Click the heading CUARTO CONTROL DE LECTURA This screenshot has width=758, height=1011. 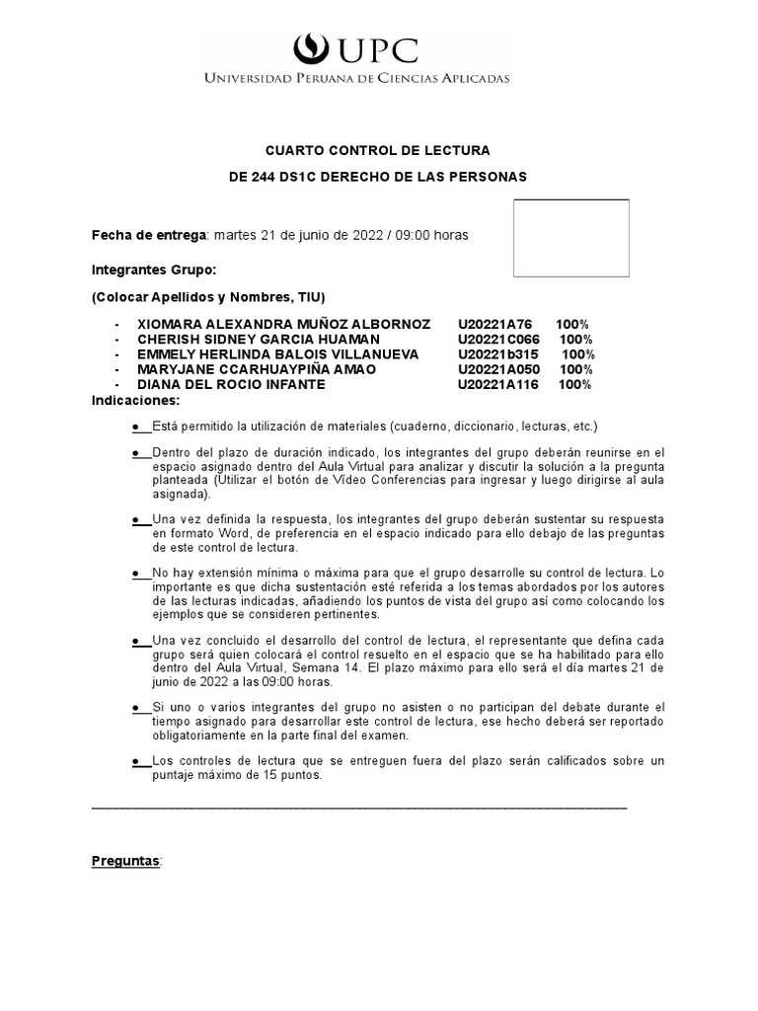point(378,150)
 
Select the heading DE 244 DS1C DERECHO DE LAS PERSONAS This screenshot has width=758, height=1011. point(378,177)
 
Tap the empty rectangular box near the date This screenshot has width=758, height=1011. point(570,238)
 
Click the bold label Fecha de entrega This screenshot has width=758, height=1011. point(149,235)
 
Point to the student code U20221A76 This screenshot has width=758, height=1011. point(494,324)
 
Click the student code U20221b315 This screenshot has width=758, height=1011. point(497,354)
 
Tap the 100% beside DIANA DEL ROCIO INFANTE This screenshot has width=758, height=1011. point(574,384)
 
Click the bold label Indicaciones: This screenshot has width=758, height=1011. point(136,400)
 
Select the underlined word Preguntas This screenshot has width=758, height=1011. point(125,861)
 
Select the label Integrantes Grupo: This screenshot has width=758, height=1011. point(153,270)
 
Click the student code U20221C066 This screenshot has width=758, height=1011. point(498,339)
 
